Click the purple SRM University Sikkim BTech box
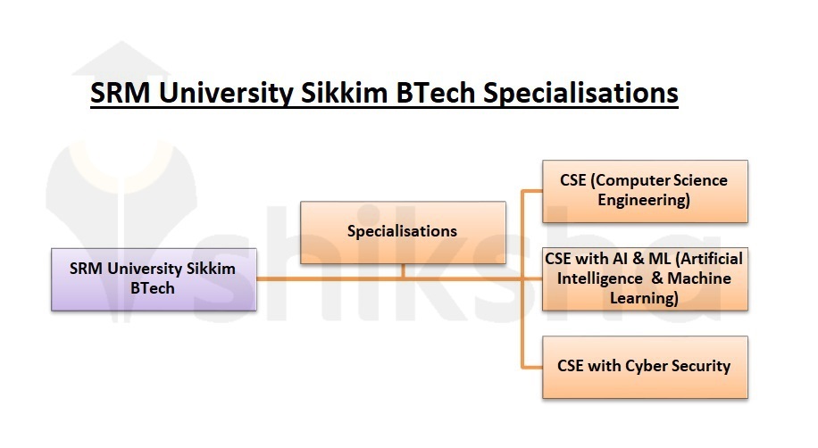pyautogui.click(x=154, y=278)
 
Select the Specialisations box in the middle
pyautogui.click(x=402, y=232)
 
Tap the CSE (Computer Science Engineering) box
pyautogui.click(x=644, y=191)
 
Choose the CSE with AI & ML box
pyautogui.click(x=644, y=279)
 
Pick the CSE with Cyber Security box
pyautogui.click(x=644, y=366)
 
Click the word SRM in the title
pyautogui.click(x=121, y=93)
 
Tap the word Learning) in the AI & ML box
pyautogui.click(x=644, y=298)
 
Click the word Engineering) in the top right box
pyautogui.click(x=644, y=201)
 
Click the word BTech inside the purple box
pyautogui.click(x=153, y=288)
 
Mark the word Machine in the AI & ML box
pyautogui.click(x=699, y=279)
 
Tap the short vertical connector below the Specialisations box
pyautogui.click(x=403, y=270)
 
